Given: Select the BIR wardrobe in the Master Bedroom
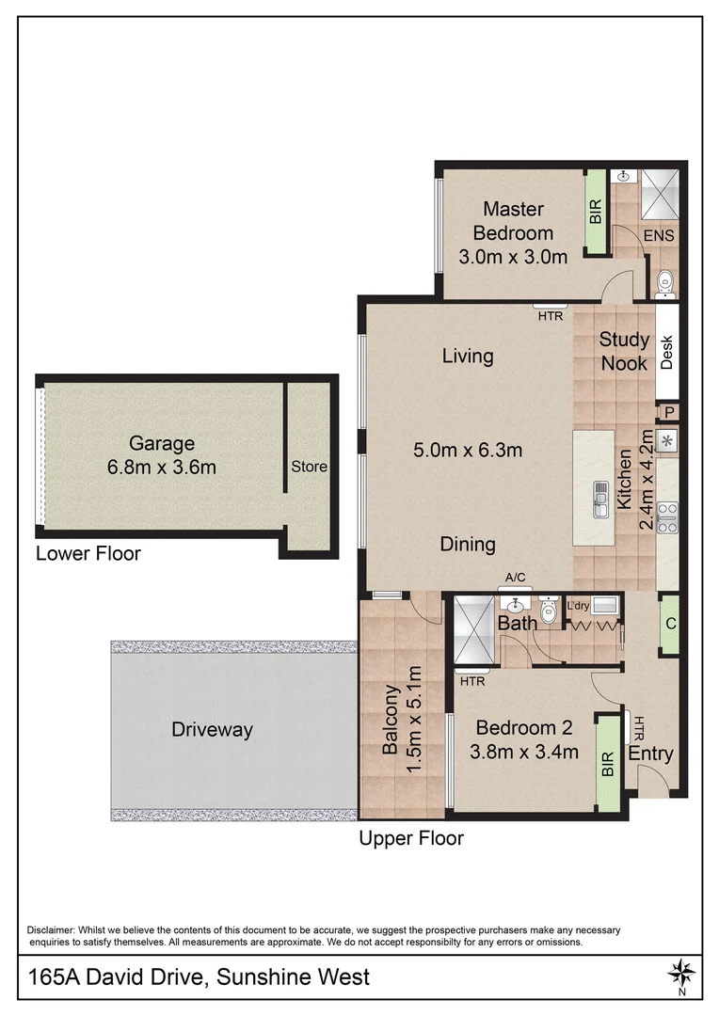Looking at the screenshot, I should tap(595, 212).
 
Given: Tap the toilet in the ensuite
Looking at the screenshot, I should tap(663, 278).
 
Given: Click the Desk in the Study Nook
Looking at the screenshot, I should tap(666, 353).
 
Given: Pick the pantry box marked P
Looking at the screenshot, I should tap(669, 411).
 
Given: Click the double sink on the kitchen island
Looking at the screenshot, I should tap(599, 499).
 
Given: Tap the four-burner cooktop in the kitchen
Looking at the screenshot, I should tap(667, 517).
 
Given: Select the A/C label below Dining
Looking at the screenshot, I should tap(515, 579).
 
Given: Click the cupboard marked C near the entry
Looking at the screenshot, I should tap(669, 624).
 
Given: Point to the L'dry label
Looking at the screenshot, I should tap(577, 605).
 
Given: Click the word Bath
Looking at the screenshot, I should tap(518, 623).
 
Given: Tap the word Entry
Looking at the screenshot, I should tap(650, 754).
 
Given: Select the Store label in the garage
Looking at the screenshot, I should tap(308, 466).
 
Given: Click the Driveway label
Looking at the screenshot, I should tap(212, 729).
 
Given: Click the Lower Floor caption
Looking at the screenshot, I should tap(88, 553).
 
